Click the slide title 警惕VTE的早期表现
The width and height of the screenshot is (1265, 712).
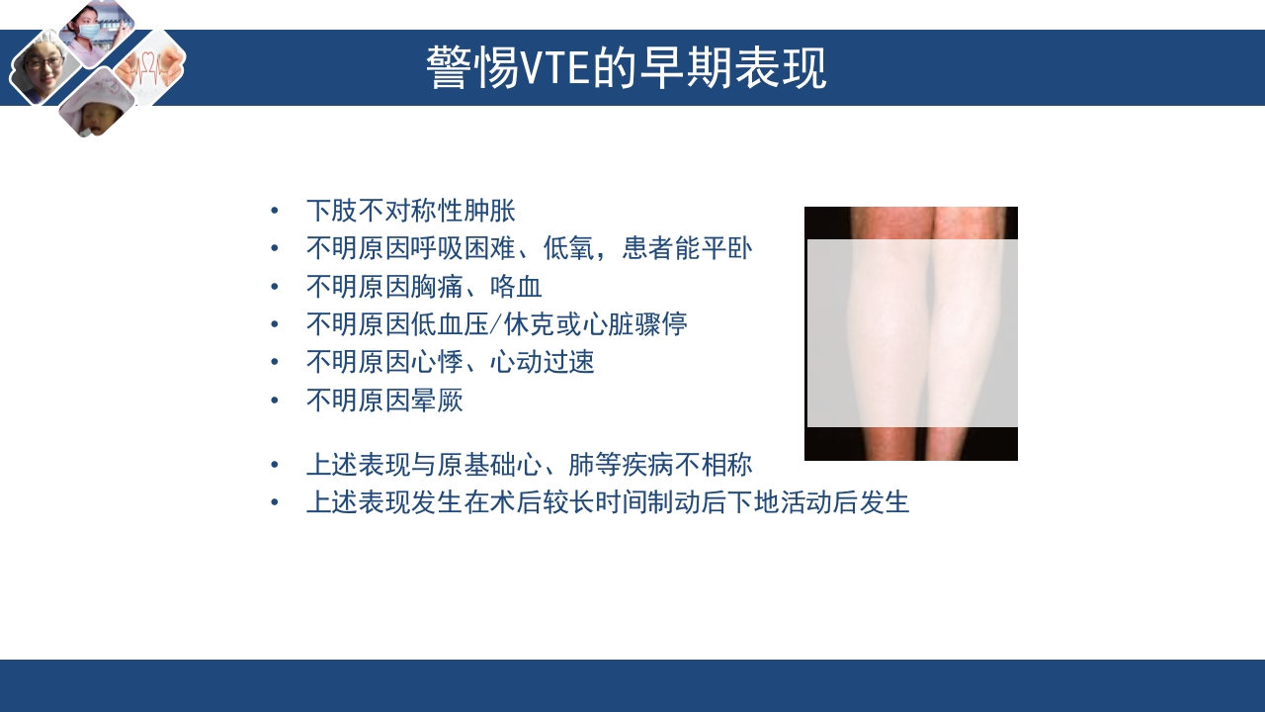point(627,68)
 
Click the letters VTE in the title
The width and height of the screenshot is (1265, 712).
point(555,69)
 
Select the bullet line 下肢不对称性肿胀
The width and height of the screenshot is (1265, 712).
point(410,211)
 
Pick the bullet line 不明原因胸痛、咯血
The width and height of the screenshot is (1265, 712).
point(424,287)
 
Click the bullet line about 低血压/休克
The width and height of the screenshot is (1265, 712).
point(496,324)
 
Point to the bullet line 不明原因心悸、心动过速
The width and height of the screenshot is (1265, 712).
point(450,362)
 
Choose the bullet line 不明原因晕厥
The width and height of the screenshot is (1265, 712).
point(384,400)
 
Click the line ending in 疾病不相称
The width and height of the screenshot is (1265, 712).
point(529,465)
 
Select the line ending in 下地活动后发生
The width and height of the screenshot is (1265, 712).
point(607,502)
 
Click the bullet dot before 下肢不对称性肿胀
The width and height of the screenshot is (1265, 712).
point(275,211)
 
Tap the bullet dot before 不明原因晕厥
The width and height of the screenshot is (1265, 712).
point(275,400)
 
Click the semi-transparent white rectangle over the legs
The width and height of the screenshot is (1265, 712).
point(912,333)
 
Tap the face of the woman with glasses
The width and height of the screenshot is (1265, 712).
point(42,67)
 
